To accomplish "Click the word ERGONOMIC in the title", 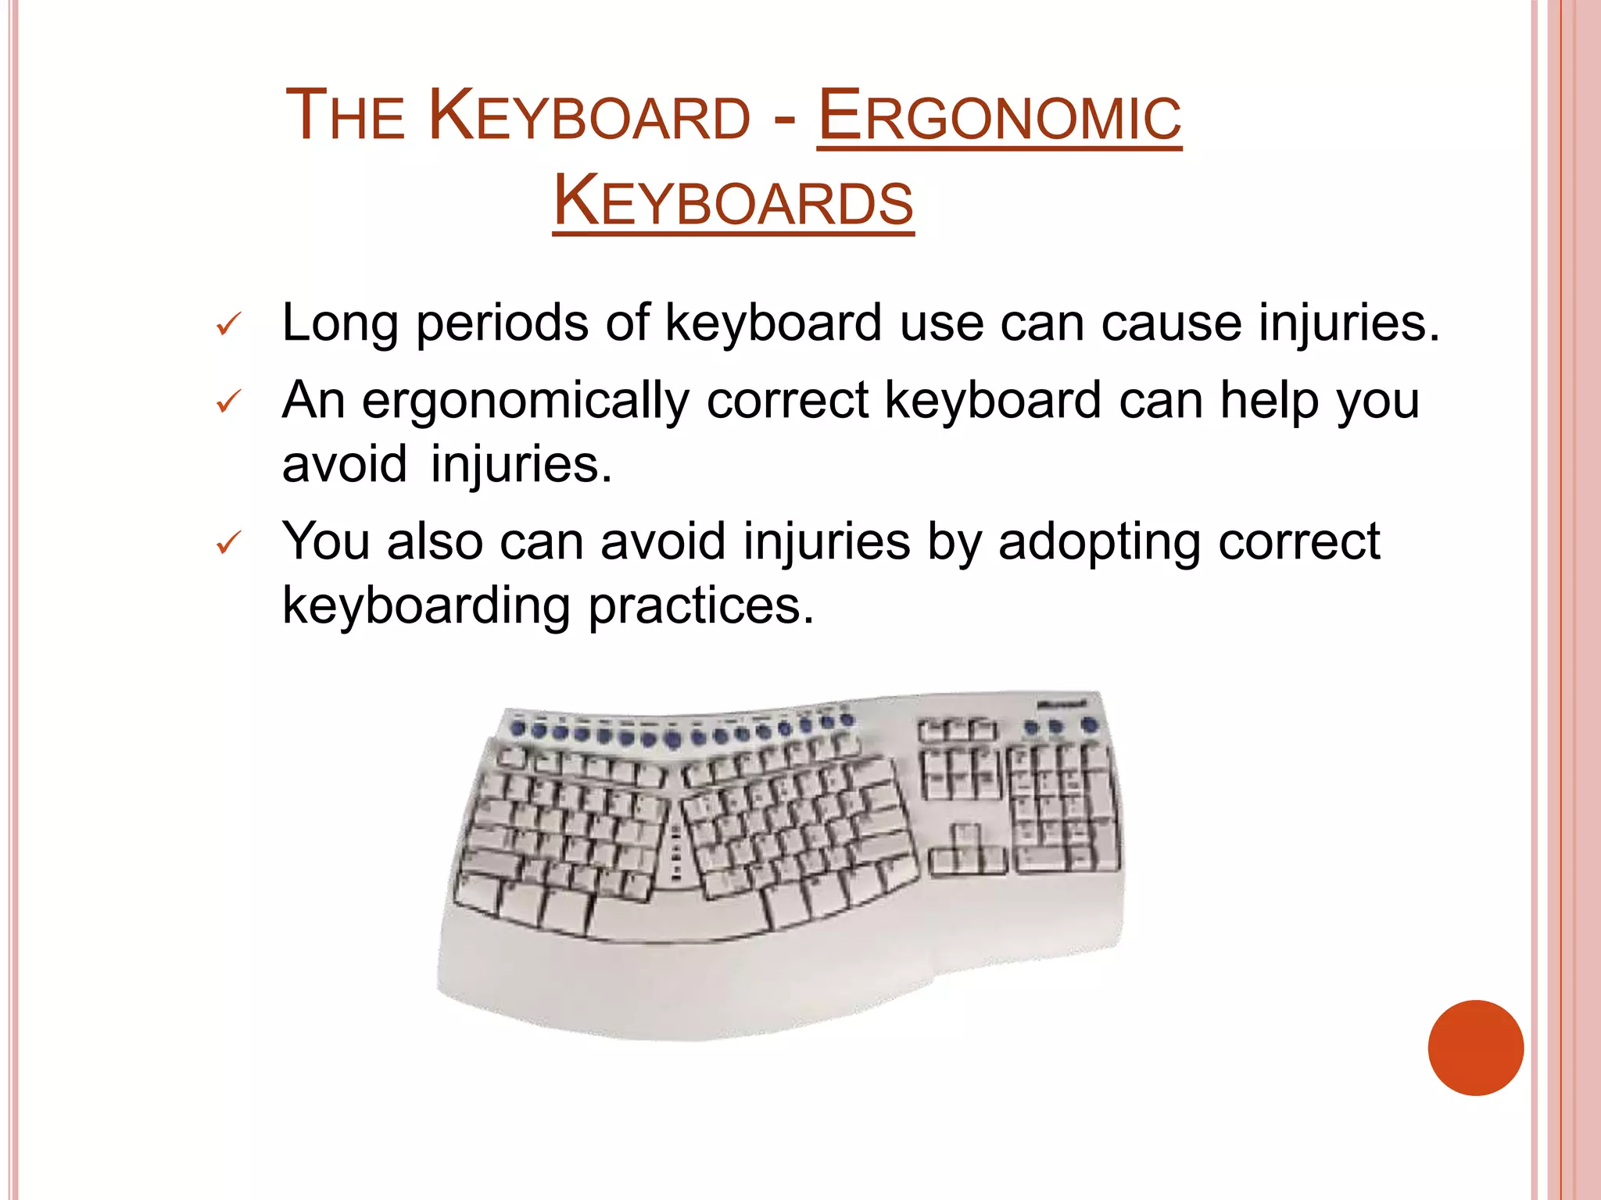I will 999,117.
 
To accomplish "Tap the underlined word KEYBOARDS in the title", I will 733,202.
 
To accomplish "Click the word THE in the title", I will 345,117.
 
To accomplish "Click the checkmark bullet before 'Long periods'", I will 228,324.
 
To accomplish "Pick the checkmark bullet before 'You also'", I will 228,543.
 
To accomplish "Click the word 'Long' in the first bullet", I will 340,323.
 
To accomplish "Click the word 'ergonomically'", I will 525,402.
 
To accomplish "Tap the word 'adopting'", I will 1098,542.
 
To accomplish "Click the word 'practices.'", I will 701,606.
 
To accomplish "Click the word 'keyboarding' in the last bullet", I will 426,606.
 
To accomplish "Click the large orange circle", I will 1475,1048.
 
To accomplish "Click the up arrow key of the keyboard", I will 966,835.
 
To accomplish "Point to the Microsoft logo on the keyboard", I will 1062,704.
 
